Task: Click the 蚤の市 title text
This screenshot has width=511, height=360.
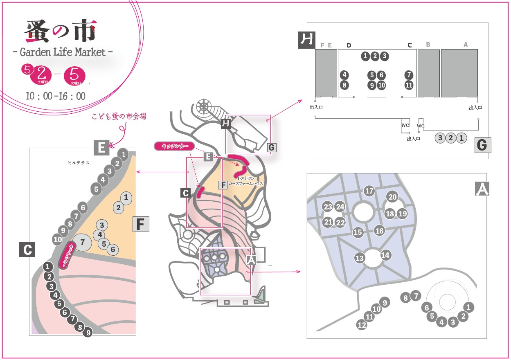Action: (61, 31)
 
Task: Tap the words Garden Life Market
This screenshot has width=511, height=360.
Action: (63, 52)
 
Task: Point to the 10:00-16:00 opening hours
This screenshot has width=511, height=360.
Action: (56, 96)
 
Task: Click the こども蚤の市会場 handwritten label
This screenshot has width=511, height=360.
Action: (119, 116)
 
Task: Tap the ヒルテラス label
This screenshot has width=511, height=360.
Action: (79, 163)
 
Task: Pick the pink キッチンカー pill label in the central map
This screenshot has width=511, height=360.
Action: (175, 146)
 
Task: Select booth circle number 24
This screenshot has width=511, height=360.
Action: (340, 207)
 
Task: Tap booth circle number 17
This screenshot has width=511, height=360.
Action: (369, 191)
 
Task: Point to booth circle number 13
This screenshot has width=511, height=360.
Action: (360, 258)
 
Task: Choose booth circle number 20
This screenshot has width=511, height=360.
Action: (392, 197)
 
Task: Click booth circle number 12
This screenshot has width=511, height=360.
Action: (362, 325)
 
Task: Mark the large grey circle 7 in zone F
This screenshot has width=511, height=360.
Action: (82, 242)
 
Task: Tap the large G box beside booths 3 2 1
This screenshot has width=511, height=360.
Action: (483, 145)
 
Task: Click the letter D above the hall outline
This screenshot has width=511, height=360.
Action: (349, 45)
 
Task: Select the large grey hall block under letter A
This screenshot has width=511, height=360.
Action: (459, 73)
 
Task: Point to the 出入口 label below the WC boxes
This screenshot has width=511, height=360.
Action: (413, 139)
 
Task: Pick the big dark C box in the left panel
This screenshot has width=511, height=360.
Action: (27, 250)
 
